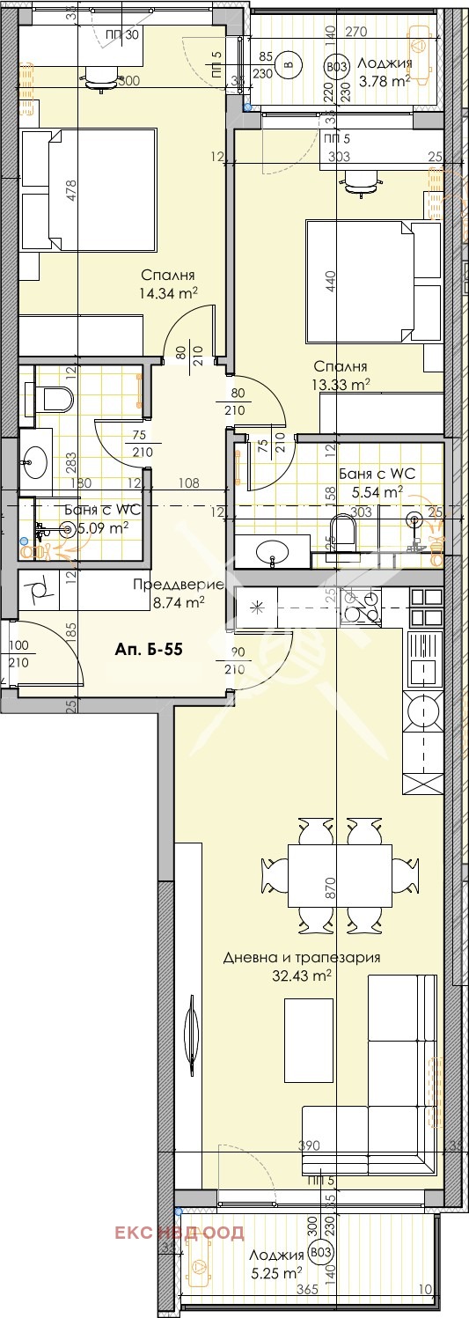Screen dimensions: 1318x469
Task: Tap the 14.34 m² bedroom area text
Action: click(167, 292)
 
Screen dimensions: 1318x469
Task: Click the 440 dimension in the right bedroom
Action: click(332, 283)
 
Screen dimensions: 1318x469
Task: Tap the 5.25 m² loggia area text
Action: click(284, 1272)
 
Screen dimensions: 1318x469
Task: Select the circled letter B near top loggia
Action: click(286, 63)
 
